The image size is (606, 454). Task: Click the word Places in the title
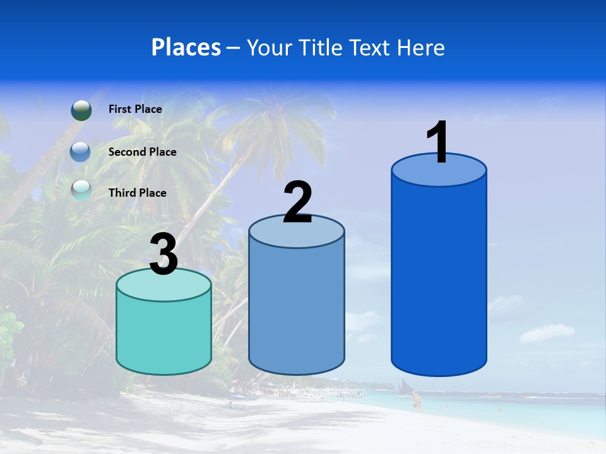coord(186,47)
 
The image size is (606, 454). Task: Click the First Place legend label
coord(135,109)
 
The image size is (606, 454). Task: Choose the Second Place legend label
coord(142,151)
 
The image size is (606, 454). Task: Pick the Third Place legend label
coord(137,193)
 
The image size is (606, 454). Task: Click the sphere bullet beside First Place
coord(81,110)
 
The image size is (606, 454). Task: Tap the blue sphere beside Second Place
coord(81,152)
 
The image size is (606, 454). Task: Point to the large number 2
coord(297,202)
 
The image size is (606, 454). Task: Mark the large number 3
coord(164,255)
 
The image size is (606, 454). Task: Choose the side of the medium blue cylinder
coord(297,309)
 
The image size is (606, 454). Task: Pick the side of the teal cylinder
coord(163,334)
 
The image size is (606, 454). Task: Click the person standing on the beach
coord(415,400)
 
